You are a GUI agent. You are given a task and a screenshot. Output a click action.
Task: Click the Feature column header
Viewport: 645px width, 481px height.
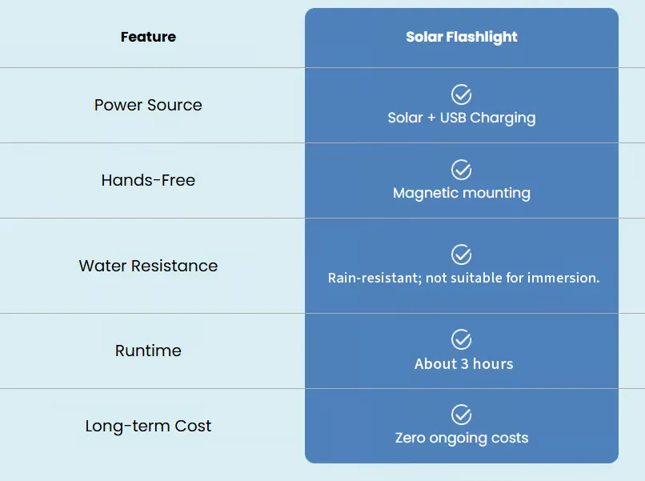tap(148, 37)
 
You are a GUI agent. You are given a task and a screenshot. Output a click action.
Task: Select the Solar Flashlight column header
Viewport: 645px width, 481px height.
tap(462, 37)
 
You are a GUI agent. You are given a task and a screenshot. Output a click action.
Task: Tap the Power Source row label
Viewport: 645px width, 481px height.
tap(148, 105)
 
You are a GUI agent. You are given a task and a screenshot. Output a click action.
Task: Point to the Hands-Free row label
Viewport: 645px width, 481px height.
tap(148, 180)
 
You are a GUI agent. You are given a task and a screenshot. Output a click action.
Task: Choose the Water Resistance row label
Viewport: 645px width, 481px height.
tap(148, 266)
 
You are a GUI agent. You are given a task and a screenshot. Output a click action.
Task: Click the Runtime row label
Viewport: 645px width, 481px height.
tap(148, 351)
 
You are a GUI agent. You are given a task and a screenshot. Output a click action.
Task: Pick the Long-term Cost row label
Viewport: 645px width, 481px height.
tap(148, 426)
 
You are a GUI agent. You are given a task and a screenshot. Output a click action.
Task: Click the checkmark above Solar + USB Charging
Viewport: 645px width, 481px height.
tap(461, 94)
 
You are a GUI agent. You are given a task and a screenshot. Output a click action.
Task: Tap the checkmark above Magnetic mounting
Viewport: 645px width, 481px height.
tap(461, 170)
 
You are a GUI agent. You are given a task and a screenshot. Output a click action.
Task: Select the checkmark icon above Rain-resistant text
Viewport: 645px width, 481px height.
tap(461, 255)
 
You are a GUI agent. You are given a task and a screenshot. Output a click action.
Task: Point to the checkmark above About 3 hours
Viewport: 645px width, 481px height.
tap(461, 339)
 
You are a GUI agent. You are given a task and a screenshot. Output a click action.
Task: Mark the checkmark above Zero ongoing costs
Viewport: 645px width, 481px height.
tap(461, 415)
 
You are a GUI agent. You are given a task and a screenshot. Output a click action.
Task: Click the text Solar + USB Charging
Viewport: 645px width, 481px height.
tap(462, 118)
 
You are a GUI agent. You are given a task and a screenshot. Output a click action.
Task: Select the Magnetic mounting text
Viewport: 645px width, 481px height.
tap(462, 193)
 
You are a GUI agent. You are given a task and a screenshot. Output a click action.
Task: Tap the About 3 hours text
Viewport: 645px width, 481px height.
tap(463, 363)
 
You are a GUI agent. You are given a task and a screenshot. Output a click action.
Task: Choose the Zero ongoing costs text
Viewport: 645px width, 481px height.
tap(462, 439)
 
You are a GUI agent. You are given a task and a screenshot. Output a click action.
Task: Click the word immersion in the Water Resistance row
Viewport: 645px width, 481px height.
tap(563, 278)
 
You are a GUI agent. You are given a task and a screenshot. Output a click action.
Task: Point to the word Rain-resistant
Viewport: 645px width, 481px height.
tap(375, 278)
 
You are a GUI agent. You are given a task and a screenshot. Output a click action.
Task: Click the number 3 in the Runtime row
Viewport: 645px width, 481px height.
tap(464, 363)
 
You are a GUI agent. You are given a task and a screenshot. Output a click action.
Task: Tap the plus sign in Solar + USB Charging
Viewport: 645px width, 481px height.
tap(431, 118)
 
